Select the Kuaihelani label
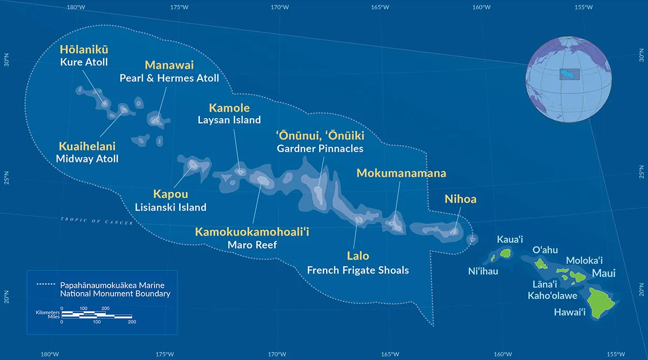pos(87,147)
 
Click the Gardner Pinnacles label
pos(320,148)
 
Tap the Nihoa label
pos(461,199)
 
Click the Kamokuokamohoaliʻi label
pos(252,233)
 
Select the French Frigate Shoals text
pos(357,269)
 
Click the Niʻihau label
pos(483,271)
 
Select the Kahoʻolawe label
pos(552,295)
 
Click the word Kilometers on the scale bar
pos(47,313)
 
